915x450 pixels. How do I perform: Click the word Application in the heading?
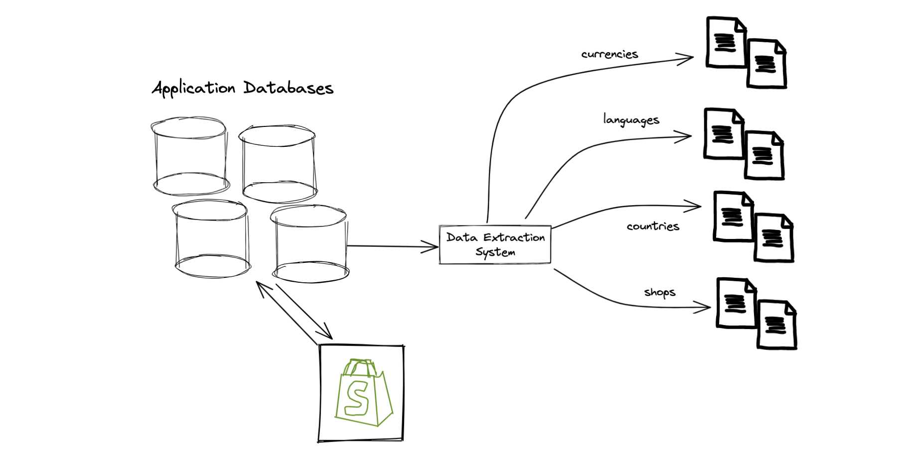[x=193, y=88]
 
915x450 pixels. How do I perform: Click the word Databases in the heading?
[x=289, y=88]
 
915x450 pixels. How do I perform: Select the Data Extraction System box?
[x=495, y=244]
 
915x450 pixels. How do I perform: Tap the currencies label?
[x=610, y=54]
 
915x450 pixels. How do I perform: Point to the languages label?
[x=631, y=120]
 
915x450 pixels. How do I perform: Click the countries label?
[x=653, y=226]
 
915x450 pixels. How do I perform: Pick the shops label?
[x=660, y=292]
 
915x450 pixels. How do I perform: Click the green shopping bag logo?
[x=364, y=392]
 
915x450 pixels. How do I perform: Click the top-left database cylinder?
[x=190, y=156]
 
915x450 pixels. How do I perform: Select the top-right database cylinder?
[x=278, y=164]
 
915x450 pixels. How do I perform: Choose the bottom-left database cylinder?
[x=212, y=238]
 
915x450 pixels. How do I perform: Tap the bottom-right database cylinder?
[x=309, y=244]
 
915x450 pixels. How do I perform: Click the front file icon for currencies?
[x=766, y=64]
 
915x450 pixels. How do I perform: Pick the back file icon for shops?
[x=737, y=303]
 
